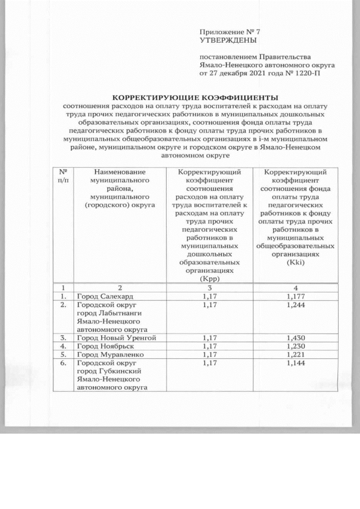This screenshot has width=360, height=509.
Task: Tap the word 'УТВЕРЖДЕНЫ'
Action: point(228,40)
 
